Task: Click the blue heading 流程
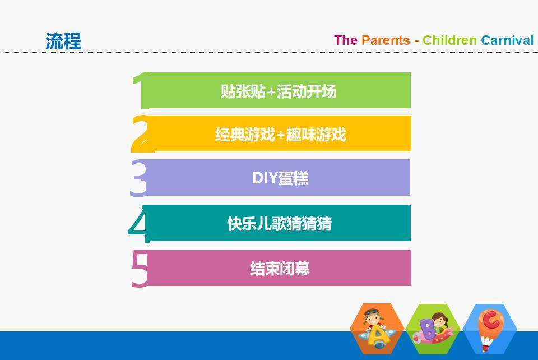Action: point(63,41)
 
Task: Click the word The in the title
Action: point(346,40)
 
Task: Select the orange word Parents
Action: point(386,40)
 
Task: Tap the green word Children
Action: point(449,40)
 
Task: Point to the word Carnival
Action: point(507,40)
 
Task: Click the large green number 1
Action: point(141,90)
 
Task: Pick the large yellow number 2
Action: point(141,134)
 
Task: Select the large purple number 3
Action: point(138,178)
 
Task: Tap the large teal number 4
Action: point(140,223)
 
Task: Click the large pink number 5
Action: point(140,269)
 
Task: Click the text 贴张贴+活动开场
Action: point(279,91)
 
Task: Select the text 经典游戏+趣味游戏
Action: point(280,134)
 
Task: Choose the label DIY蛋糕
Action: point(280,178)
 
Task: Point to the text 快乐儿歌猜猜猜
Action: point(280,224)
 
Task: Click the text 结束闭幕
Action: point(280,269)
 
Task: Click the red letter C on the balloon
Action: point(491,320)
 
